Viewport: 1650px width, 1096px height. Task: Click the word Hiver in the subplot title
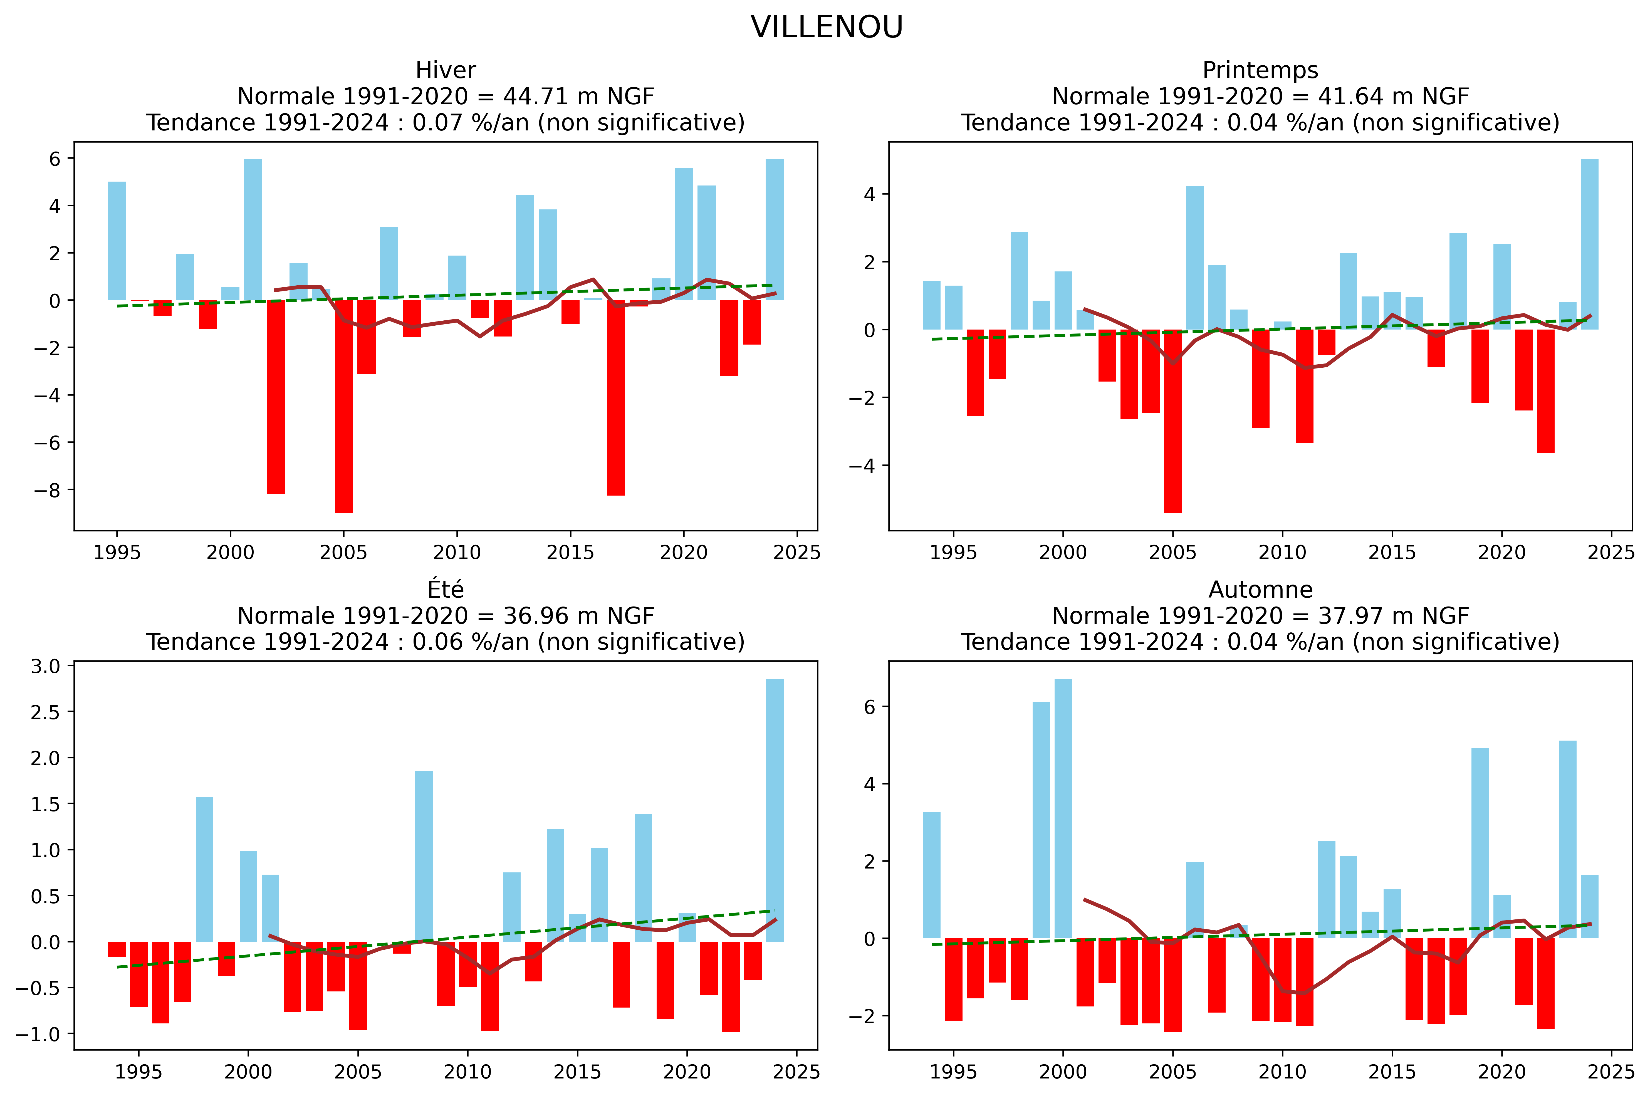coord(445,71)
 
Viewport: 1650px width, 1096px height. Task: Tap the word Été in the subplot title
coord(445,590)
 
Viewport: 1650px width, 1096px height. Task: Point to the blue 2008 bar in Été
coord(424,856)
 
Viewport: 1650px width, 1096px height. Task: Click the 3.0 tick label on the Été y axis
coord(45,666)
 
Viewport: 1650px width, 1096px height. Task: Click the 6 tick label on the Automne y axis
coord(869,707)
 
